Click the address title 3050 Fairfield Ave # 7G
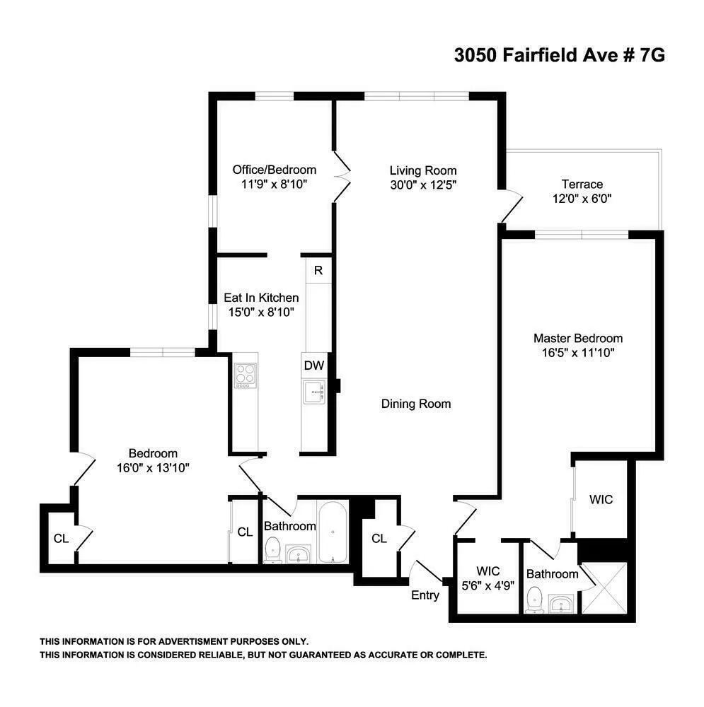(559, 56)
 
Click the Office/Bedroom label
(275, 170)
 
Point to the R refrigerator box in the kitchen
(318, 270)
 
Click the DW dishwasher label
(313, 366)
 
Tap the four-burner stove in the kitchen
(245, 375)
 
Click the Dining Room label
(416, 404)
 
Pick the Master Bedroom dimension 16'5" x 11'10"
(578, 353)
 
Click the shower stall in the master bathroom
(603, 589)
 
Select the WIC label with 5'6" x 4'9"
(488, 578)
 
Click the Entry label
(425, 595)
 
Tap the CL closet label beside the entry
(379, 539)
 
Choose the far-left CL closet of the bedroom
(61, 539)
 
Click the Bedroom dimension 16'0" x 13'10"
(153, 467)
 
